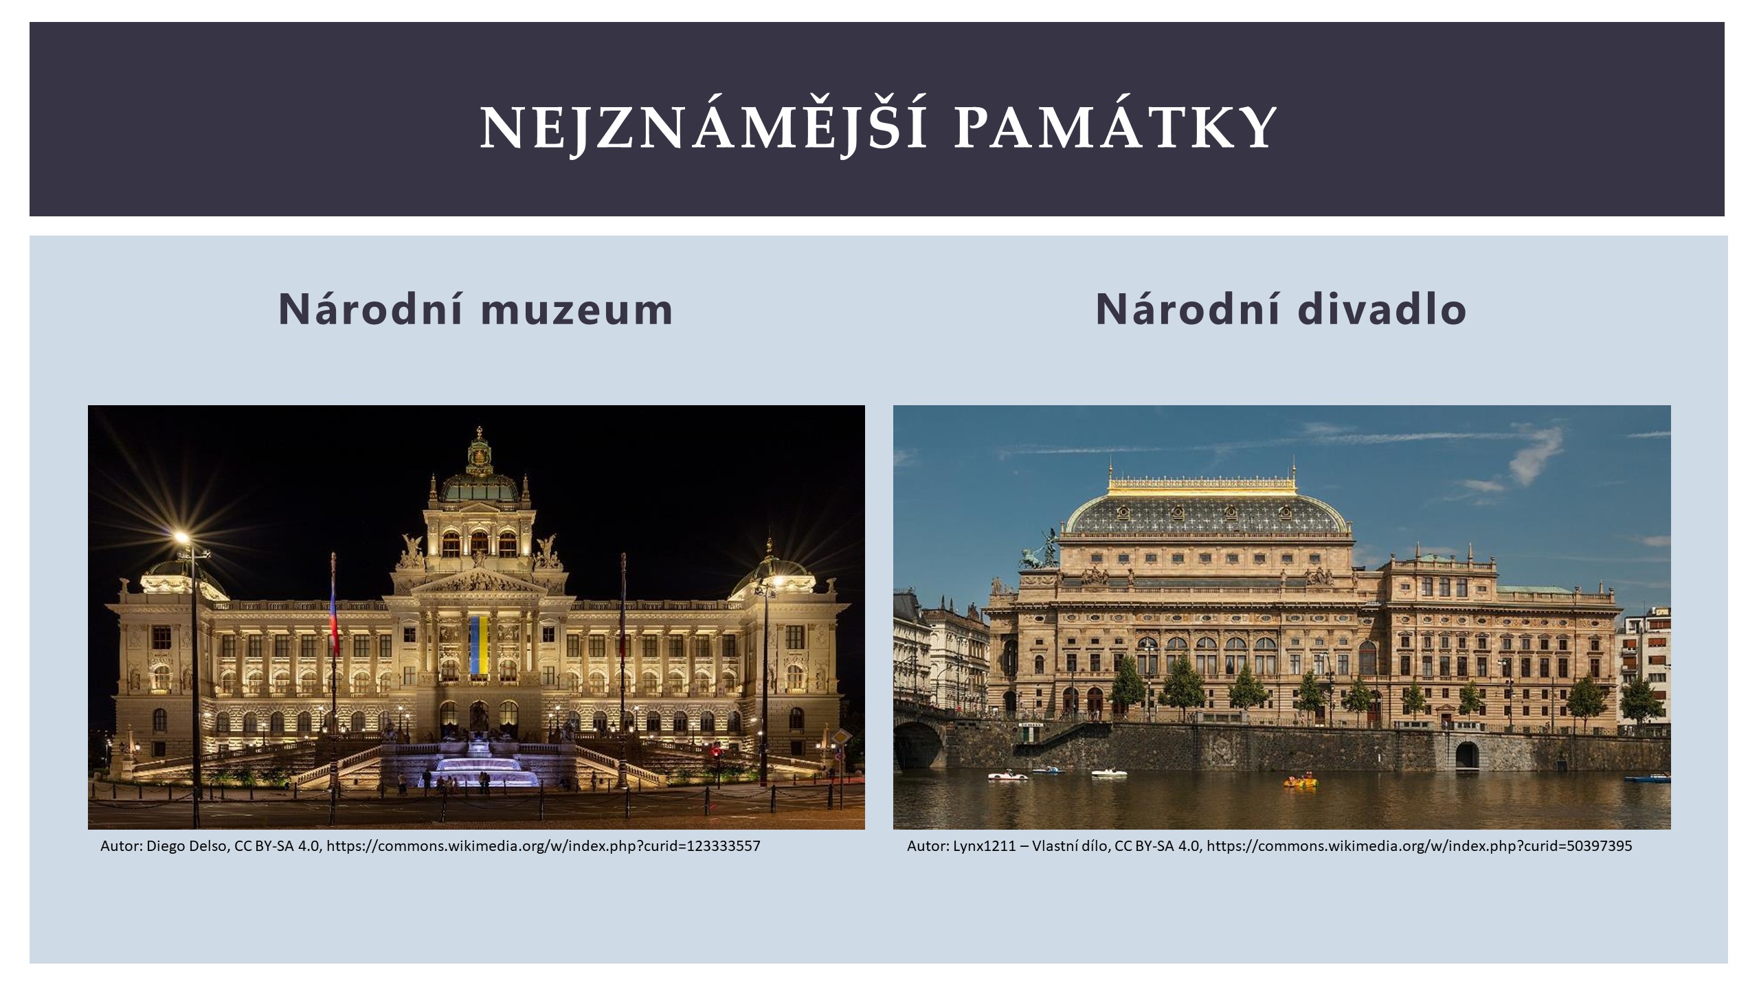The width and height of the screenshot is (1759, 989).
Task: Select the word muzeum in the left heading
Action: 577,309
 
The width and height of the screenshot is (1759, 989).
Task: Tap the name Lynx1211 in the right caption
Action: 984,846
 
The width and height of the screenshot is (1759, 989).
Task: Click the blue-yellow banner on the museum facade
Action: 479,645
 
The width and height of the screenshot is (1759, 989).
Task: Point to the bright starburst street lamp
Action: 181,536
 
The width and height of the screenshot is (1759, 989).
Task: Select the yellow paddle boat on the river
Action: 1301,782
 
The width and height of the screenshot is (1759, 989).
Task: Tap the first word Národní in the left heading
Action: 372,309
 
